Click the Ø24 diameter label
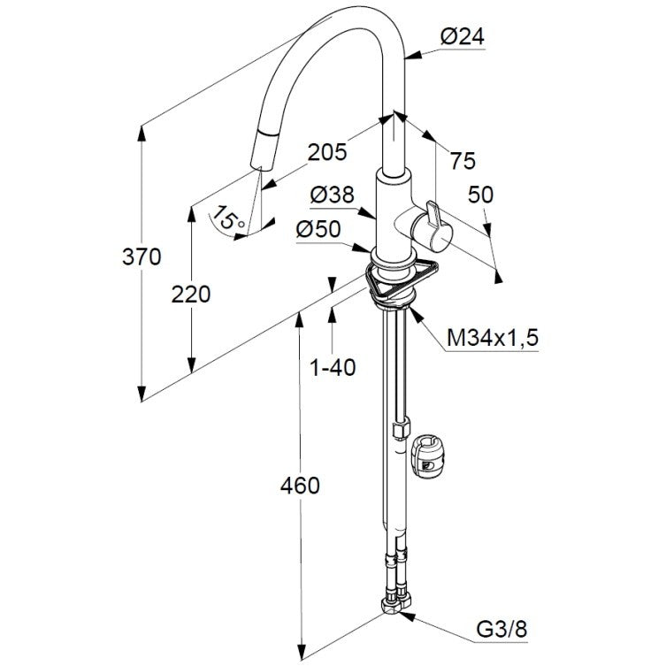462,36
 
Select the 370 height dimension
142,257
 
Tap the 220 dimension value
191,295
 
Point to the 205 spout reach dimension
327,152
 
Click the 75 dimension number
463,161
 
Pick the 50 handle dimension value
481,195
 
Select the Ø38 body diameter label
333,195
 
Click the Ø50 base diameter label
318,229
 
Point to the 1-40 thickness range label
333,367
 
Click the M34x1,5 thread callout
493,338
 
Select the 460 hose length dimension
300,486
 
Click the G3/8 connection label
501,629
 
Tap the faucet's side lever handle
431,229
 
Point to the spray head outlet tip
256,167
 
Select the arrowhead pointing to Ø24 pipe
414,55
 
